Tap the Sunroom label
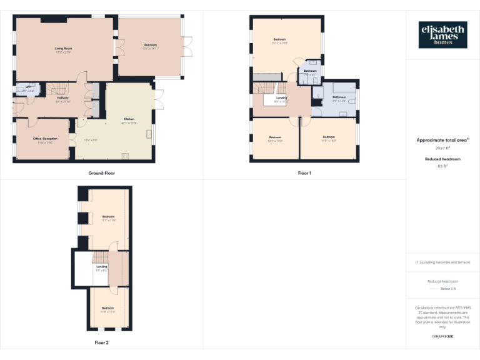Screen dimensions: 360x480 click(151, 44)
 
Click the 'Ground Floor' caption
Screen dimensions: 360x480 click(101, 172)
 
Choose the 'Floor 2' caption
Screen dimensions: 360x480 click(101, 342)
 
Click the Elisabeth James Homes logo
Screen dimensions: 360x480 click(442, 35)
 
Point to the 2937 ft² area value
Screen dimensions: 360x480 click(442, 148)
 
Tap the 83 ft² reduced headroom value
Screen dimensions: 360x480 click(442, 167)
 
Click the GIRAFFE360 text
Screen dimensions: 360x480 click(442, 336)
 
